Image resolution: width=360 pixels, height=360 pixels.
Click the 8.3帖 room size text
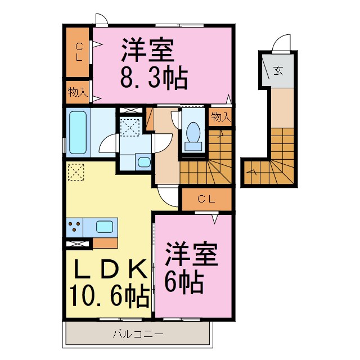pyautogui.click(x=153, y=78)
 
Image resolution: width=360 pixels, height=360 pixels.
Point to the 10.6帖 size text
pyautogui.click(x=109, y=294)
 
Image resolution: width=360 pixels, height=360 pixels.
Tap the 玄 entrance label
pyautogui.click(x=278, y=70)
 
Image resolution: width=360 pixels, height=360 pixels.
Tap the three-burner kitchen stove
pyautogui.click(x=75, y=228)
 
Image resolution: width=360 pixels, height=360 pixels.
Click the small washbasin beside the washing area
pyautogui.click(x=143, y=163)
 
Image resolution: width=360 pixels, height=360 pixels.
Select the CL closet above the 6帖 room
pyautogui.click(x=206, y=199)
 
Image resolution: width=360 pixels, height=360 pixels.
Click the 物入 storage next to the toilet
pyautogui.click(x=220, y=118)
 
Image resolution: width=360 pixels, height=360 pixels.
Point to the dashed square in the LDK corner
pyautogui.click(x=75, y=172)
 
